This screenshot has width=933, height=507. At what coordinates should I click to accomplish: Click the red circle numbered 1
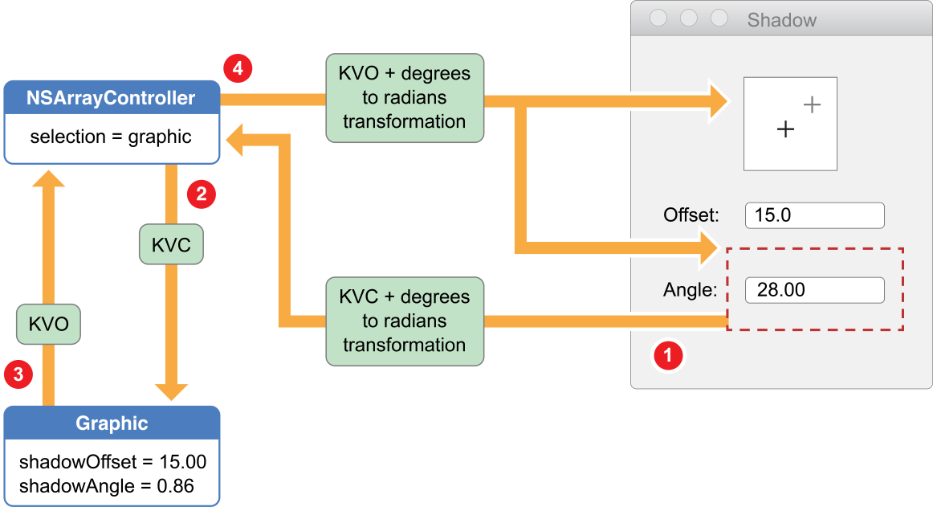pyautogui.click(x=668, y=354)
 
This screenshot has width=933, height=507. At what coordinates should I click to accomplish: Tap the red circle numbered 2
pyautogui.click(x=201, y=194)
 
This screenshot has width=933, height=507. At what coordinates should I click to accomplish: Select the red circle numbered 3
pyautogui.click(x=18, y=374)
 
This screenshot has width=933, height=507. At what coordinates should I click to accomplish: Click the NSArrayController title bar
pyautogui.click(x=112, y=98)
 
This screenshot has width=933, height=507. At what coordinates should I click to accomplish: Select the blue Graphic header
pyautogui.click(x=112, y=423)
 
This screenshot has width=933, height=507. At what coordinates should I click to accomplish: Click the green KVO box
pyautogui.click(x=48, y=325)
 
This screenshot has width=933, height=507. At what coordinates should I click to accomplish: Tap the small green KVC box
pyautogui.click(x=171, y=245)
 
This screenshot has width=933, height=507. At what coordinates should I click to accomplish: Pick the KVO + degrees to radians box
pyautogui.click(x=405, y=98)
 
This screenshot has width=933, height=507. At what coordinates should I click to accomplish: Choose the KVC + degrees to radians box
pyautogui.click(x=405, y=321)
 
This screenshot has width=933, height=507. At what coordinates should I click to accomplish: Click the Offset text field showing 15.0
pyautogui.click(x=814, y=215)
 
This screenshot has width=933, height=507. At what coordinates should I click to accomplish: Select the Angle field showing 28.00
pyautogui.click(x=814, y=290)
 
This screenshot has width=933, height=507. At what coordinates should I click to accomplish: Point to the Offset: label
pyautogui.click(x=691, y=215)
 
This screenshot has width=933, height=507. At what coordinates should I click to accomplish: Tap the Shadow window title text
pyautogui.click(x=781, y=20)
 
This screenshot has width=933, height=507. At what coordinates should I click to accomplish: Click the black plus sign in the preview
pyautogui.click(x=785, y=129)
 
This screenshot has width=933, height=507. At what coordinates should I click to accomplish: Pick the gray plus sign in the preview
pyautogui.click(x=812, y=104)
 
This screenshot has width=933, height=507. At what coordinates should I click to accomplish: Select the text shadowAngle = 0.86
pyautogui.click(x=107, y=485)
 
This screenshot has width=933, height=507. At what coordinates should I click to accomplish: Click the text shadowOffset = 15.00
pyautogui.click(x=112, y=462)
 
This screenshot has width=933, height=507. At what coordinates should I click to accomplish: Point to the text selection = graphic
pyautogui.click(x=111, y=137)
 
